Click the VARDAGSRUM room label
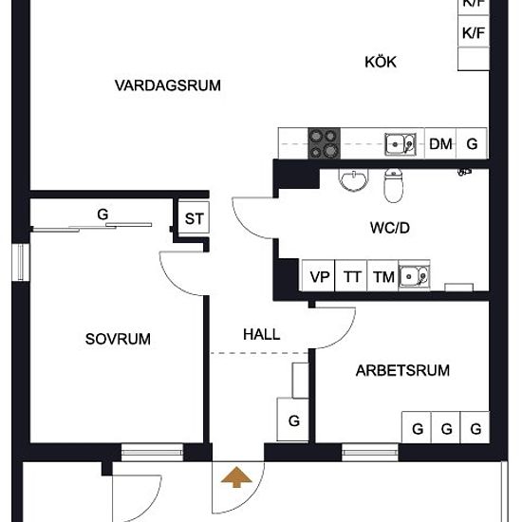168,85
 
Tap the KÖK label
381,63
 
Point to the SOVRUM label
118,339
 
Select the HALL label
262,335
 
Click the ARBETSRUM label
402,370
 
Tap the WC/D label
390,228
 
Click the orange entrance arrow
236,476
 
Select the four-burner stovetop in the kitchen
325,143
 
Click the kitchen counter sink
401,144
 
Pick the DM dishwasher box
440,143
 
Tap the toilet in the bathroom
394,185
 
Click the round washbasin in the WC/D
354,179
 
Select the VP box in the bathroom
319,276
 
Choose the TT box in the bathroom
351,276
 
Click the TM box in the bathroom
382,276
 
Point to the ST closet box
194,217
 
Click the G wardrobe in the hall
293,419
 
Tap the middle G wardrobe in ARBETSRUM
446,427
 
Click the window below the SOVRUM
152,452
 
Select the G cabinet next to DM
472,143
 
